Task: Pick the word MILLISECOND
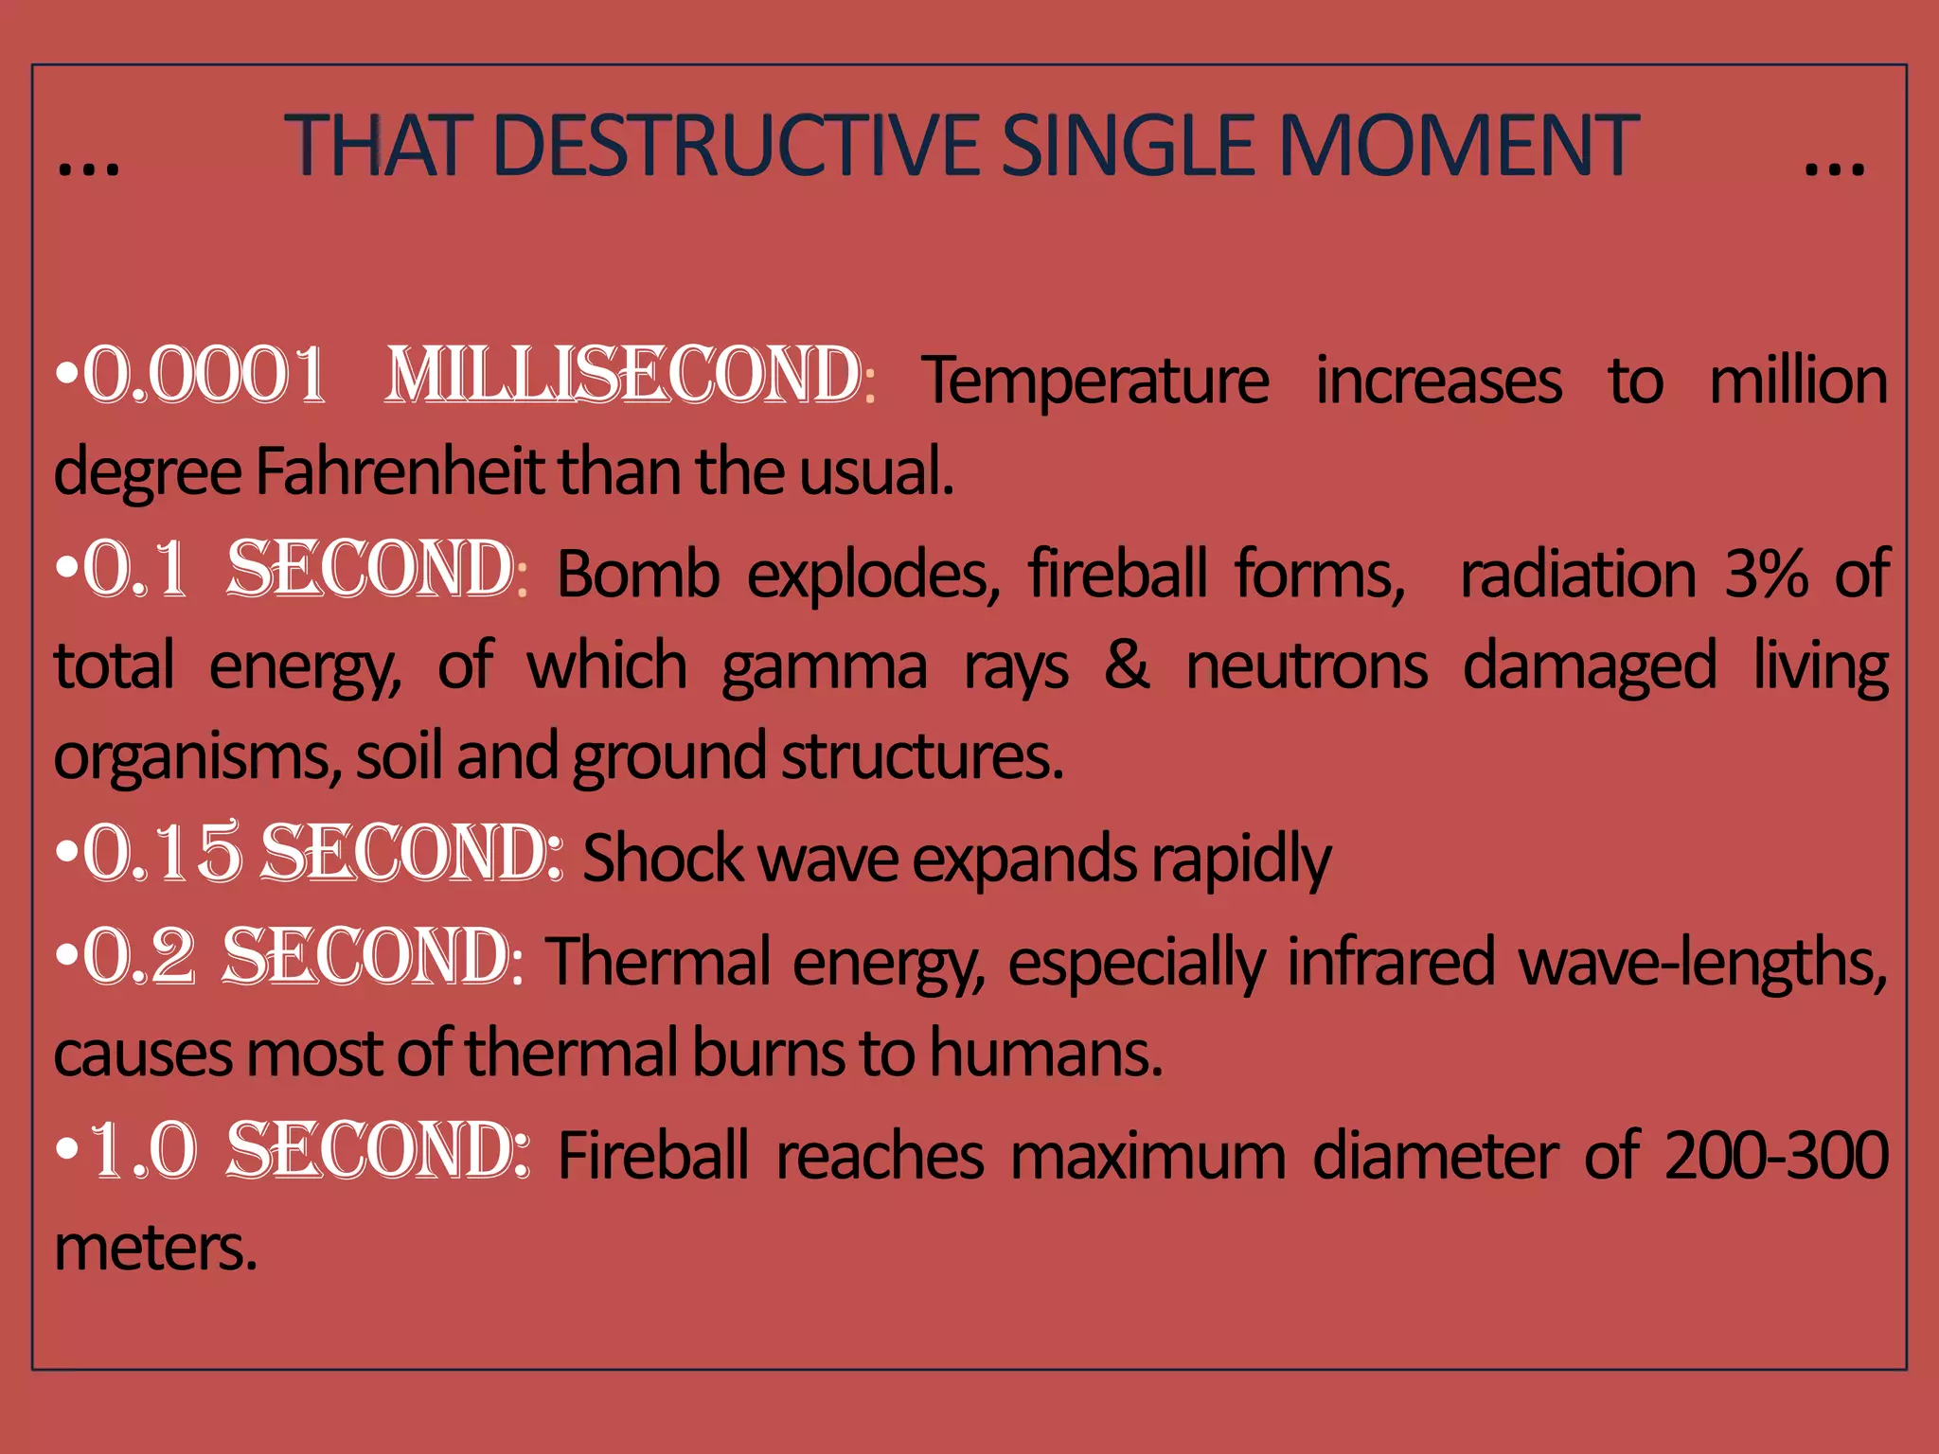pos(624,376)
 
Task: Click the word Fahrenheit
pos(400,471)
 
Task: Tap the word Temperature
pos(1095,381)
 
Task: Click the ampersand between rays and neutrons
pos(1127,665)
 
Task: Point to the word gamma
pos(824,668)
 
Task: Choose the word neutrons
pos(1307,666)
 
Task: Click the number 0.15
pos(162,854)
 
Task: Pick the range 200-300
pos(1776,1155)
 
